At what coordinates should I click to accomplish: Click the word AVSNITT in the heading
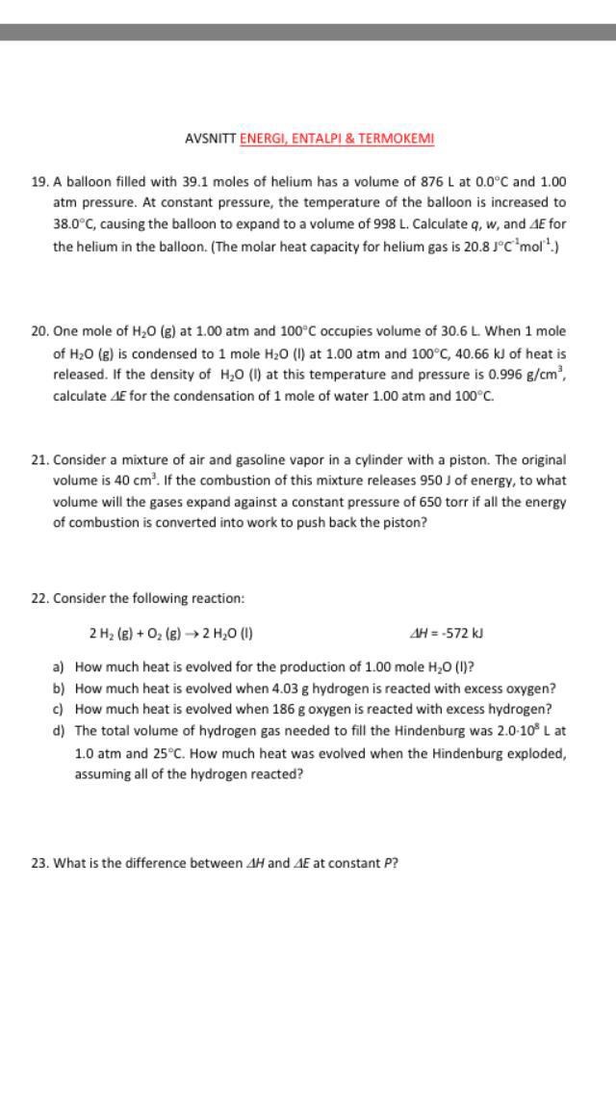(x=210, y=139)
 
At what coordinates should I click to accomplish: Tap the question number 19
(x=39, y=181)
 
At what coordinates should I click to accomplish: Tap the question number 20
(x=39, y=331)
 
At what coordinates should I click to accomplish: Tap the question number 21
(x=39, y=460)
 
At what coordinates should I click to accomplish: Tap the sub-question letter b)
(x=59, y=689)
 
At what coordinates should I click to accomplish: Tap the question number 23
(x=39, y=863)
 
